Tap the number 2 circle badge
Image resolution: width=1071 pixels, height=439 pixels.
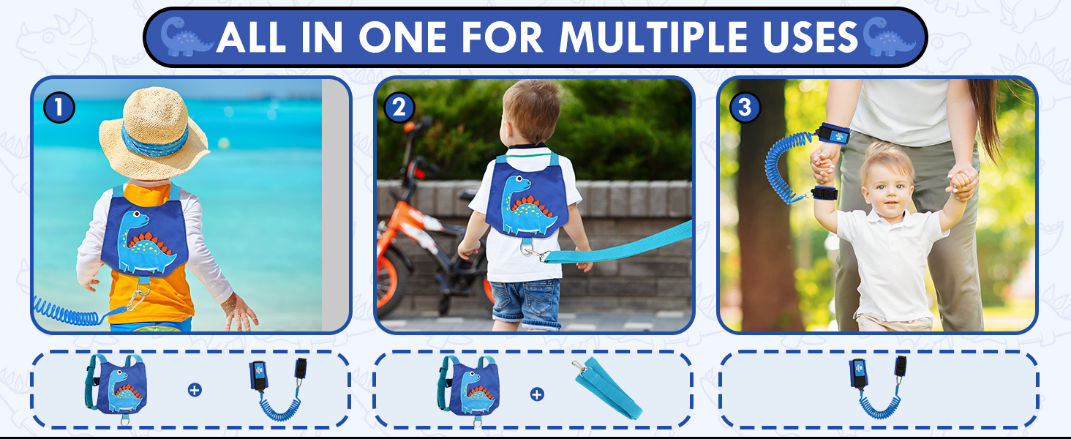pyautogui.click(x=399, y=108)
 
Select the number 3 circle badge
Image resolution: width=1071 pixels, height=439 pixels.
pyautogui.click(x=745, y=108)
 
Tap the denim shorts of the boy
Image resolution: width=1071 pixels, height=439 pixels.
pyautogui.click(x=525, y=301)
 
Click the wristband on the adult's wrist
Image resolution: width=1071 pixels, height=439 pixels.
pyautogui.click(x=833, y=136)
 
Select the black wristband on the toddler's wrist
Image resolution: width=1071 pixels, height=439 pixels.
pyautogui.click(x=824, y=195)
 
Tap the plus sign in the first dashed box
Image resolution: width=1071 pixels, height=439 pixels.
pyautogui.click(x=195, y=390)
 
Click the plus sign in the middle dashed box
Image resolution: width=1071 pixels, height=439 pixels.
pyautogui.click(x=537, y=394)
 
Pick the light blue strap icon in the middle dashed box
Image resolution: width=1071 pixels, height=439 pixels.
pyautogui.click(x=606, y=390)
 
